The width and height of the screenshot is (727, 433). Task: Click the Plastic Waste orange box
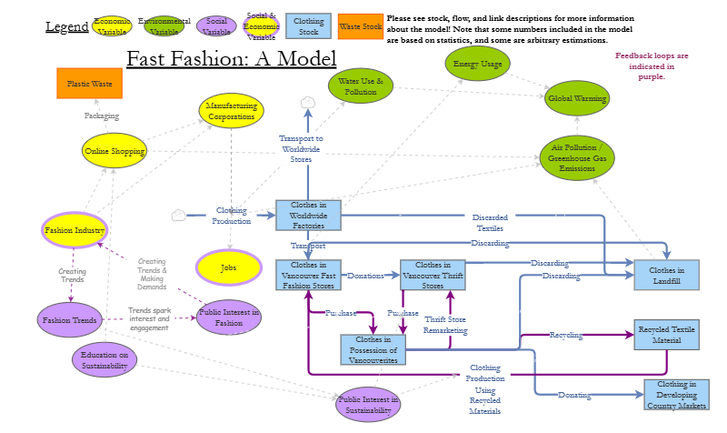coord(89,84)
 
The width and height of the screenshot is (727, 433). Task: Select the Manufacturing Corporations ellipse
coord(231,111)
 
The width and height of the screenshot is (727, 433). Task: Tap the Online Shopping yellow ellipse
coord(115,151)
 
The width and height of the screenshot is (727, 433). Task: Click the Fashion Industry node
coord(75,230)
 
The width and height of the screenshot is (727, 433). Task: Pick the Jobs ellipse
coord(228,268)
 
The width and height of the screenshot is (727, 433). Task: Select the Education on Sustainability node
coord(105,359)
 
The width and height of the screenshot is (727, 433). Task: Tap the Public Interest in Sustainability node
coord(367,404)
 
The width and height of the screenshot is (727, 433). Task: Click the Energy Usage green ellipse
coord(478,63)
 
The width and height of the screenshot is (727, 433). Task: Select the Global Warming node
coord(578,99)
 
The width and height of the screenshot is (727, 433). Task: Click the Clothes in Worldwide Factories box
coord(308,216)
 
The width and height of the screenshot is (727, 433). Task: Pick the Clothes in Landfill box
coord(667,275)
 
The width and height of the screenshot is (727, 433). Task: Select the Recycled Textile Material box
coord(668,335)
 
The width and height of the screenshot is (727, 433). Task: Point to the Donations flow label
coord(366,275)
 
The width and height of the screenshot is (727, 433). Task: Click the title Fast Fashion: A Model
coord(231,60)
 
